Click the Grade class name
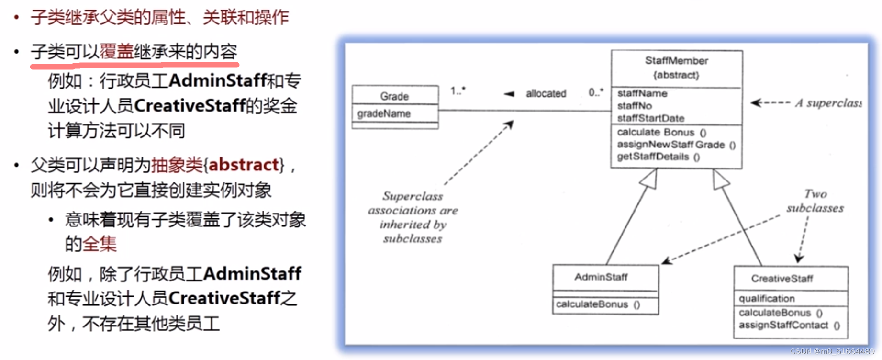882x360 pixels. pyautogui.click(x=394, y=96)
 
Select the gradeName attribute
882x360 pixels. pyautogui.click(x=384, y=114)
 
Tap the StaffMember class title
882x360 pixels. pyautogui.click(x=676, y=61)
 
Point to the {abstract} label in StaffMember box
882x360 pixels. pyautogui.click(x=676, y=75)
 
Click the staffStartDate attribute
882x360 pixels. pyautogui.click(x=650, y=118)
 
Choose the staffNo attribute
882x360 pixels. pyautogui.click(x=634, y=106)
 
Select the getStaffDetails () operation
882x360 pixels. pyautogui.click(x=658, y=157)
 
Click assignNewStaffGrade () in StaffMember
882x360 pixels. pyautogui.click(x=676, y=145)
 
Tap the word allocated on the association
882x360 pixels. pyautogui.click(x=546, y=94)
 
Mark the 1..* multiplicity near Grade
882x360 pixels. pyautogui.click(x=458, y=90)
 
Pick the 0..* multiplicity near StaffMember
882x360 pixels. pyautogui.click(x=596, y=92)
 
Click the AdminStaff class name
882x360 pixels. pyautogui.click(x=601, y=277)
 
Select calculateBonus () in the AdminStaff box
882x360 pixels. pyautogui.click(x=598, y=304)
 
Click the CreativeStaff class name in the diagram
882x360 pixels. pyautogui.click(x=782, y=279)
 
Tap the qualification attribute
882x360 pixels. pyautogui.click(x=766, y=299)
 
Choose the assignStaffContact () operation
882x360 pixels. pyautogui.click(x=789, y=326)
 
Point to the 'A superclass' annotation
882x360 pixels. pyautogui.click(x=828, y=103)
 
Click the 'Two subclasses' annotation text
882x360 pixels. pyautogui.click(x=815, y=201)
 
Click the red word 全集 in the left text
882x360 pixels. pyautogui.click(x=100, y=244)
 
